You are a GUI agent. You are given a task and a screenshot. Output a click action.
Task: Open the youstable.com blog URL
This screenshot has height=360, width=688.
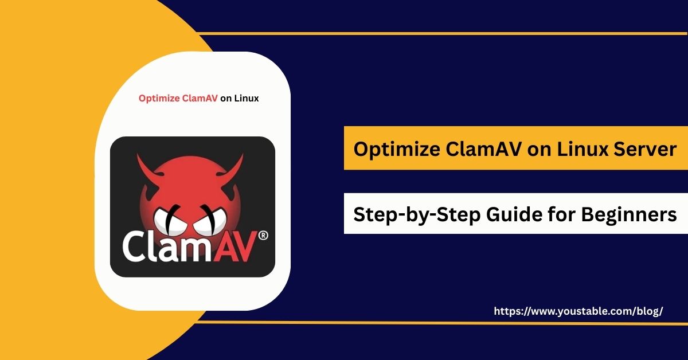point(578,311)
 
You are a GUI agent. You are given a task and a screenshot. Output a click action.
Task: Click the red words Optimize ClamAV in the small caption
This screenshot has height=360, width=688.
point(178,98)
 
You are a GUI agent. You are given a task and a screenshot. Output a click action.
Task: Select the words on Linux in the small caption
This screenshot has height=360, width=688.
point(240,98)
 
